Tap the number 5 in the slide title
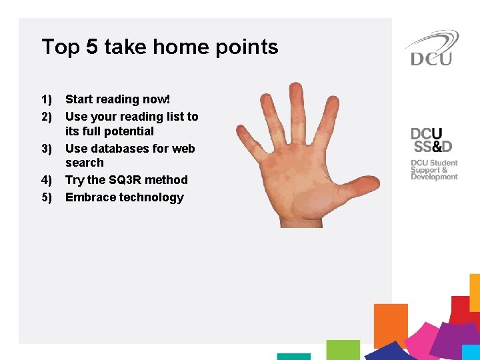[93, 47]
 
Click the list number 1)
[47, 100]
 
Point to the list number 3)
[47, 149]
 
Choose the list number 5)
[47, 197]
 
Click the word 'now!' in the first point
[157, 99]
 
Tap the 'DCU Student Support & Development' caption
[434, 170]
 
